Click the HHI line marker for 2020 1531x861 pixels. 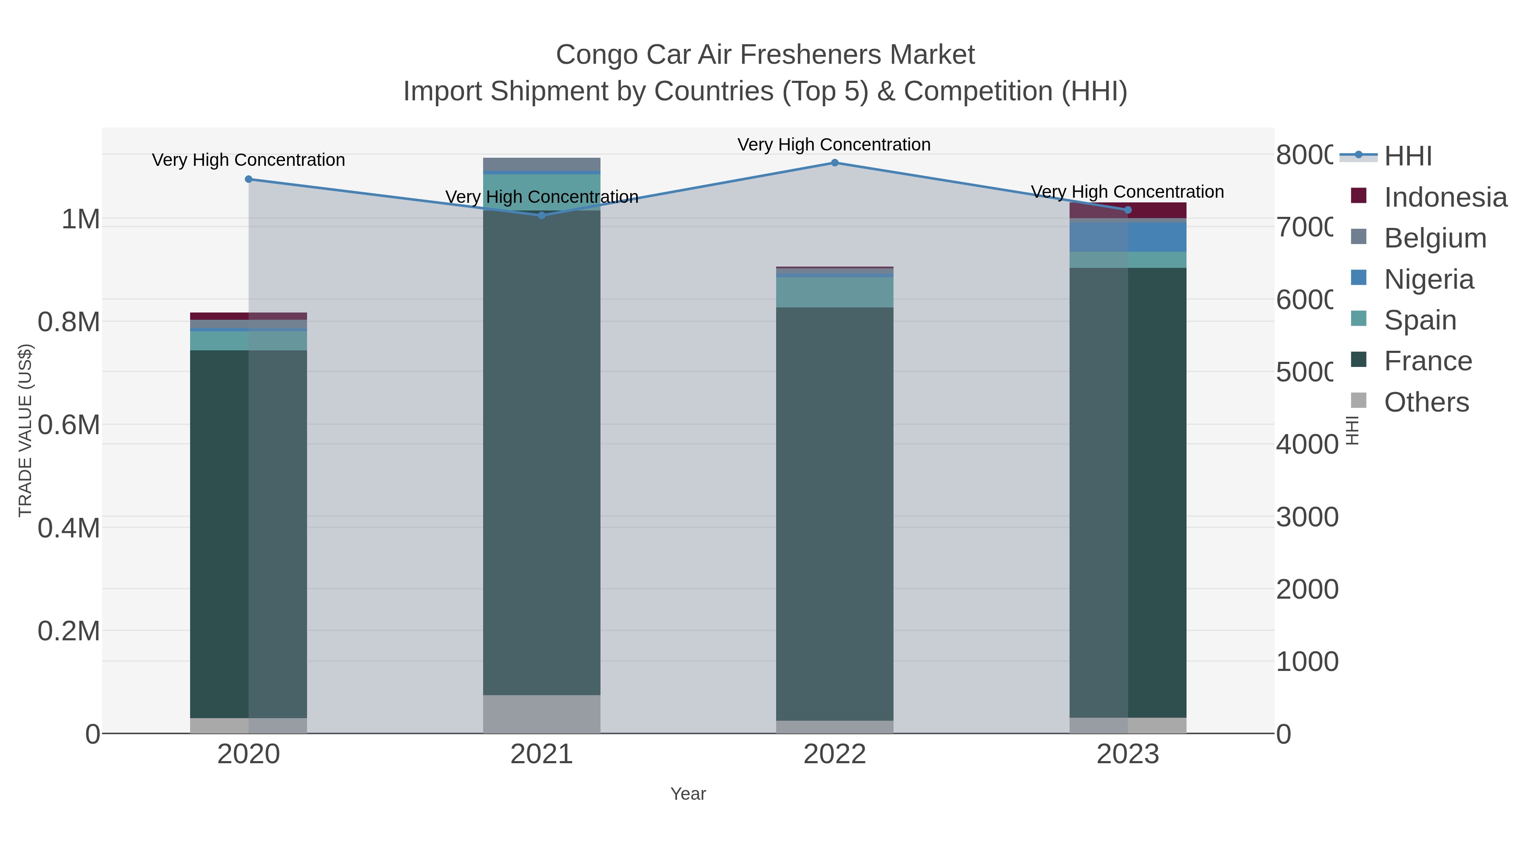pyautogui.click(x=248, y=179)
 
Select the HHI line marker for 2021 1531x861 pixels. pyautogui.click(x=541, y=215)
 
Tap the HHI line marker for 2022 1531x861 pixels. pyautogui.click(x=834, y=162)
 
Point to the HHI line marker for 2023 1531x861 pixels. pyautogui.click(x=1128, y=210)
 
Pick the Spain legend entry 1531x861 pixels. pyautogui.click(x=1420, y=320)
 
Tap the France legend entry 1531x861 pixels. pyautogui.click(x=1428, y=361)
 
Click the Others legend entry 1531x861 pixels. pyautogui.click(x=1426, y=402)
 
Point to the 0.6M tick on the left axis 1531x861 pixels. pyautogui.click(x=68, y=425)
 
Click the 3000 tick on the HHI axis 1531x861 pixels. pyautogui.click(x=1306, y=517)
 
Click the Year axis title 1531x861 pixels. pyautogui.click(x=688, y=794)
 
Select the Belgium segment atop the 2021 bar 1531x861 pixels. pyautogui.click(x=541, y=164)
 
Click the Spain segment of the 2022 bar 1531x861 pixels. pyautogui.click(x=834, y=292)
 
